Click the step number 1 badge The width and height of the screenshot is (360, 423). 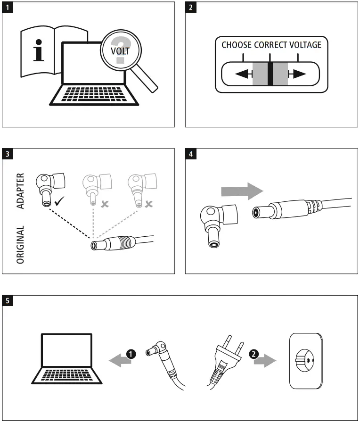pos(8,7)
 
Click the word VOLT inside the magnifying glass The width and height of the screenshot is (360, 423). pos(120,51)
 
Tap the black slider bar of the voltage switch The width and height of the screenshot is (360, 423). pos(270,74)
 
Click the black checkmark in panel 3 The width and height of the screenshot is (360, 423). pos(59,201)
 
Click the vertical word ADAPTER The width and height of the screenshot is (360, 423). pos(20,191)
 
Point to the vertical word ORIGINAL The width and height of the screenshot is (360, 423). pos(20,245)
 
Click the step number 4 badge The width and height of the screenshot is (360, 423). pos(191,154)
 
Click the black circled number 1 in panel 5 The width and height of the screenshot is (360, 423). pos(131,354)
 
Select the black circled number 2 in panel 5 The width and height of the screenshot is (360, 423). pos(254,354)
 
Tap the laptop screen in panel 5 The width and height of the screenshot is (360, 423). pos(66,350)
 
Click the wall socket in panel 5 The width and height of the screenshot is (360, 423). pos(306,361)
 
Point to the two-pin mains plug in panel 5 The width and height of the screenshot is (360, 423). pos(226,362)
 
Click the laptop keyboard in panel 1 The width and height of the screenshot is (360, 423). pos(94,94)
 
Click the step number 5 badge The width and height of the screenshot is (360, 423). pos(8,300)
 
